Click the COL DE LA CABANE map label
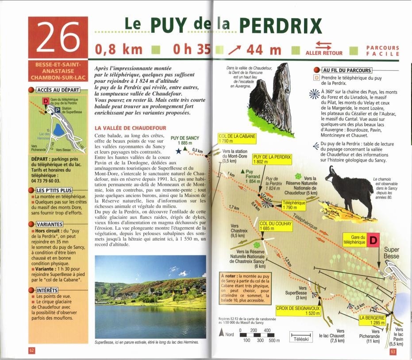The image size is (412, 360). (237, 138)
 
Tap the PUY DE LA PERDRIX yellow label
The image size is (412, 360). (272, 159)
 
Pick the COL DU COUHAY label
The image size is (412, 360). (275, 226)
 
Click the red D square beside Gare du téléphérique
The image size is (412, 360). (373, 240)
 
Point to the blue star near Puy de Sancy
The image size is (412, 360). (178, 151)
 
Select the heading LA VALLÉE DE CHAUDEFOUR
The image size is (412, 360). (131, 128)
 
